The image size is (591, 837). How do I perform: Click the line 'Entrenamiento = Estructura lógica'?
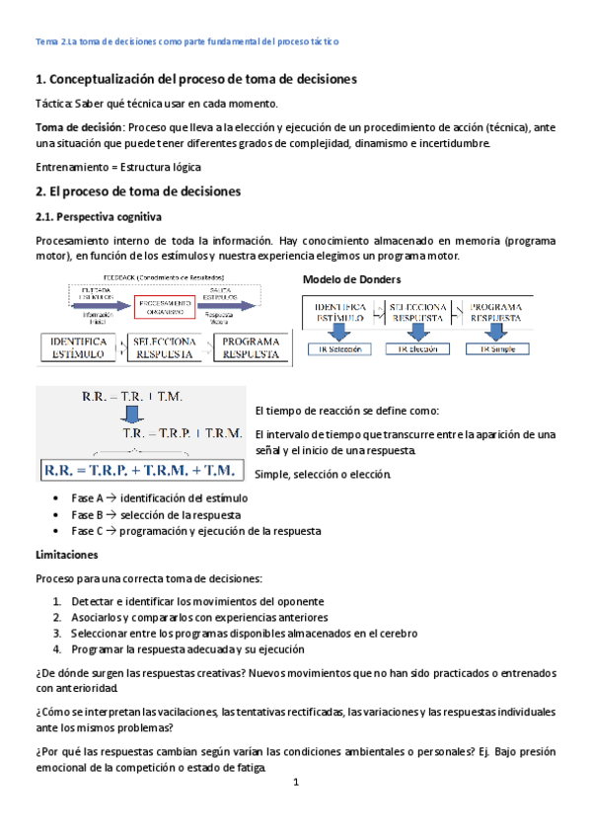[x=117, y=167]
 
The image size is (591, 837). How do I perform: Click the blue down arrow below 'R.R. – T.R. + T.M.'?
[x=138, y=413]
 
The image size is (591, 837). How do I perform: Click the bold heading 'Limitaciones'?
[x=67, y=555]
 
